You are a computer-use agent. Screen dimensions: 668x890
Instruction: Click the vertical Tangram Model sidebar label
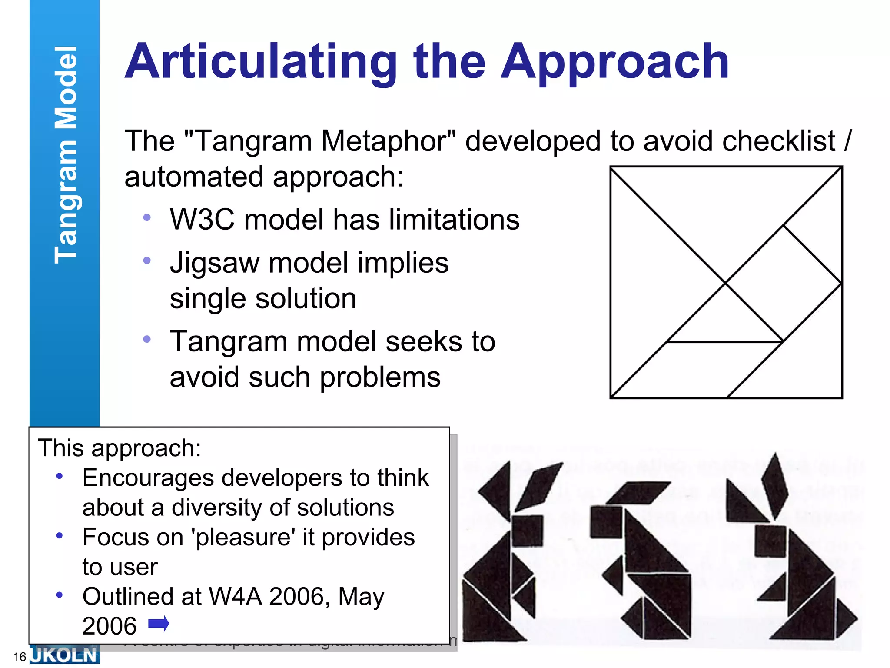65,154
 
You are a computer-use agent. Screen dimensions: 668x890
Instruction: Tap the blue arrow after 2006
159,624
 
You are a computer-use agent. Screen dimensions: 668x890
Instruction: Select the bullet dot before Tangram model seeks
147,339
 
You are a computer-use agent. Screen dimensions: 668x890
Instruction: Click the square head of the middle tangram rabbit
607,521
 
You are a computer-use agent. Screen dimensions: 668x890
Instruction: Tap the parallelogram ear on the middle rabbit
639,492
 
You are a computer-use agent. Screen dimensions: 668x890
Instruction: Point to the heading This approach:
120,448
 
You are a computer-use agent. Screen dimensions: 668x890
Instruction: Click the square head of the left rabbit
527,531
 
